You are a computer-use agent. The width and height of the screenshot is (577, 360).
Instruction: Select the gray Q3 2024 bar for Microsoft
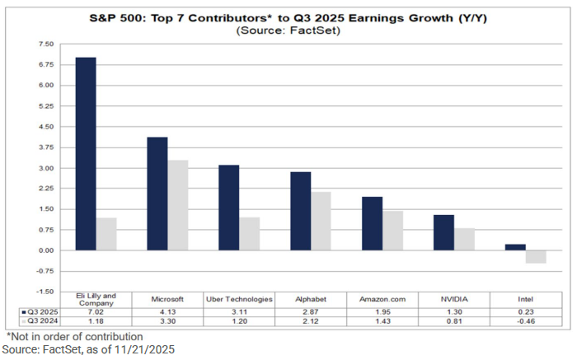(x=178, y=205)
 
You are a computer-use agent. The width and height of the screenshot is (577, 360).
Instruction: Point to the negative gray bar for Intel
(x=536, y=256)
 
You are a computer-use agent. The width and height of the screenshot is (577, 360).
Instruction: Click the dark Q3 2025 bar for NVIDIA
(x=443, y=232)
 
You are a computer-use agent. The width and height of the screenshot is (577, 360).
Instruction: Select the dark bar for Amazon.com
(x=373, y=223)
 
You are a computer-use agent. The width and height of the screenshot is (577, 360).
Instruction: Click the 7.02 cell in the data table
(x=96, y=312)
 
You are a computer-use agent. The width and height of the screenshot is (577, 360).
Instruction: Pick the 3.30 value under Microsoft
(x=167, y=322)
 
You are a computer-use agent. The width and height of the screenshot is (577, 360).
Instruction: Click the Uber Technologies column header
(x=239, y=298)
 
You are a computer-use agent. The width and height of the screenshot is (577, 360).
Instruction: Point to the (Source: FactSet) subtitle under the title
(x=288, y=30)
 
